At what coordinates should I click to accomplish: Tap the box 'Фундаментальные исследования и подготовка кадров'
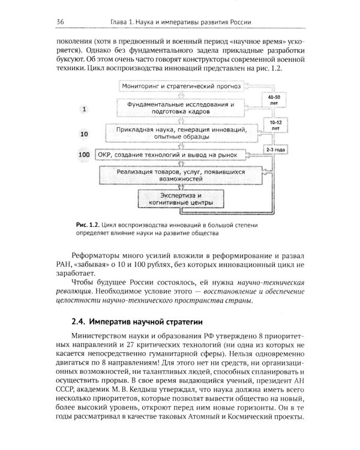pyautogui.click(x=179, y=108)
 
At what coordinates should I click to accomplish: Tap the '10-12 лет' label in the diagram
pyautogui.click(x=273, y=125)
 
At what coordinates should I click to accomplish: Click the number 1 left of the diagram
pyautogui.click(x=84, y=109)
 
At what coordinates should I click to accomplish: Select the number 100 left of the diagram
pyautogui.click(x=84, y=155)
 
